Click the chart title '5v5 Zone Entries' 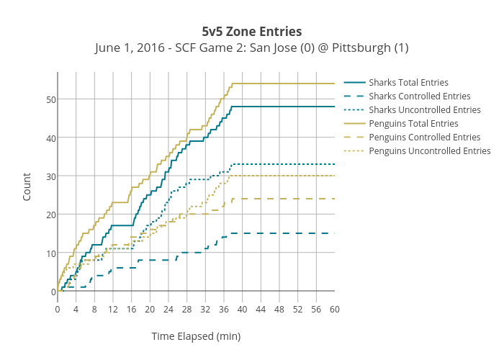tap(252, 32)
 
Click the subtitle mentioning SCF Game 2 tap(252, 48)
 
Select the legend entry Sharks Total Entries tap(408, 83)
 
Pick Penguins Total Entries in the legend tap(413, 124)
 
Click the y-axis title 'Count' tap(27, 186)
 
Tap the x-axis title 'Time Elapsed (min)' tap(196, 336)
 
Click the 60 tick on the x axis tap(335, 310)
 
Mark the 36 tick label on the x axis tap(224, 310)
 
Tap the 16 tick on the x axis tap(132, 310)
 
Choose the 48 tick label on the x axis tap(279, 310)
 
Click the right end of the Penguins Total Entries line tap(335, 84)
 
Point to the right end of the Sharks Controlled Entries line tap(335, 233)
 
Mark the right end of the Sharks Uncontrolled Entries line tap(335, 164)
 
